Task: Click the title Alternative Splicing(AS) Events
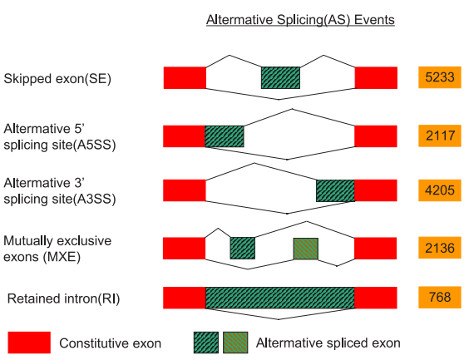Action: point(299,20)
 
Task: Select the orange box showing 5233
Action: point(439,77)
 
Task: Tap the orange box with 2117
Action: point(439,136)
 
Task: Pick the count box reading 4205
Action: point(439,190)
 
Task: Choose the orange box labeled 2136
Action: point(439,248)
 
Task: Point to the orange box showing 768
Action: point(439,298)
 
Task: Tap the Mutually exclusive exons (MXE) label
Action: point(57,248)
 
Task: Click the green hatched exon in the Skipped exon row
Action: point(280,77)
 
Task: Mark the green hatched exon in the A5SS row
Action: point(225,136)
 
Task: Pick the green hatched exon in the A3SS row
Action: point(335,190)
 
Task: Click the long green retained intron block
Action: point(280,298)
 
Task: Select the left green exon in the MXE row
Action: point(242,248)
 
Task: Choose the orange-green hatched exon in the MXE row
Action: point(305,248)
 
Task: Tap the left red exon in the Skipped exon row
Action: point(185,77)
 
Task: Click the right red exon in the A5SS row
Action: point(376,136)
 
